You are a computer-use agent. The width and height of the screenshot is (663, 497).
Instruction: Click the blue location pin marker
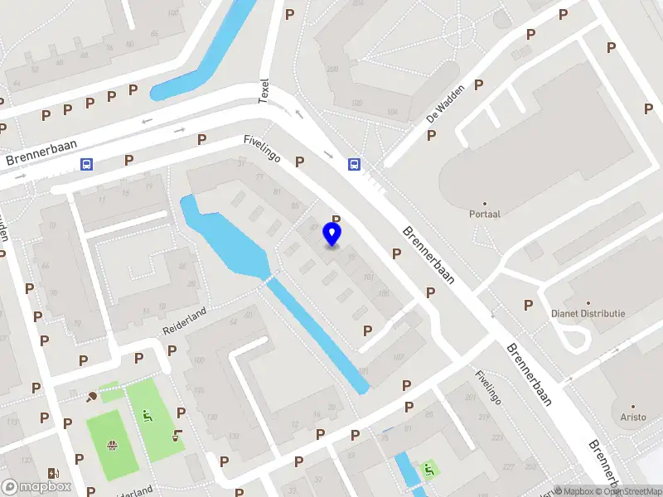click(332, 234)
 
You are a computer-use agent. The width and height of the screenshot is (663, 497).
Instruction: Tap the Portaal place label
click(484, 214)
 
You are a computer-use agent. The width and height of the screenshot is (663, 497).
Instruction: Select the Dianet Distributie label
click(588, 314)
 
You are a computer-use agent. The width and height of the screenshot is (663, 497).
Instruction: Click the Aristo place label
click(633, 417)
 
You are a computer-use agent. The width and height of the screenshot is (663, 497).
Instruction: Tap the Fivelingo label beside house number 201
click(488, 387)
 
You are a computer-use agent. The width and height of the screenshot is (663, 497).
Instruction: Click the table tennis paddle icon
click(92, 396)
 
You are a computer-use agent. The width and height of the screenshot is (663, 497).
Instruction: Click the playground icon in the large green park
click(148, 416)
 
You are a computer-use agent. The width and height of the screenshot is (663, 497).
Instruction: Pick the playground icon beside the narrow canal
click(429, 470)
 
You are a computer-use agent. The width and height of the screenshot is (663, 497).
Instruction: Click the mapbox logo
click(36, 487)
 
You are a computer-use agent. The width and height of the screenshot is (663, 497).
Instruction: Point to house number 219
click(482, 416)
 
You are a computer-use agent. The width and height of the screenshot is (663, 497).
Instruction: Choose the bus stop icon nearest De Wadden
click(354, 164)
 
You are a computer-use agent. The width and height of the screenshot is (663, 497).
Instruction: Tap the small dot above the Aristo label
click(633, 406)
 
